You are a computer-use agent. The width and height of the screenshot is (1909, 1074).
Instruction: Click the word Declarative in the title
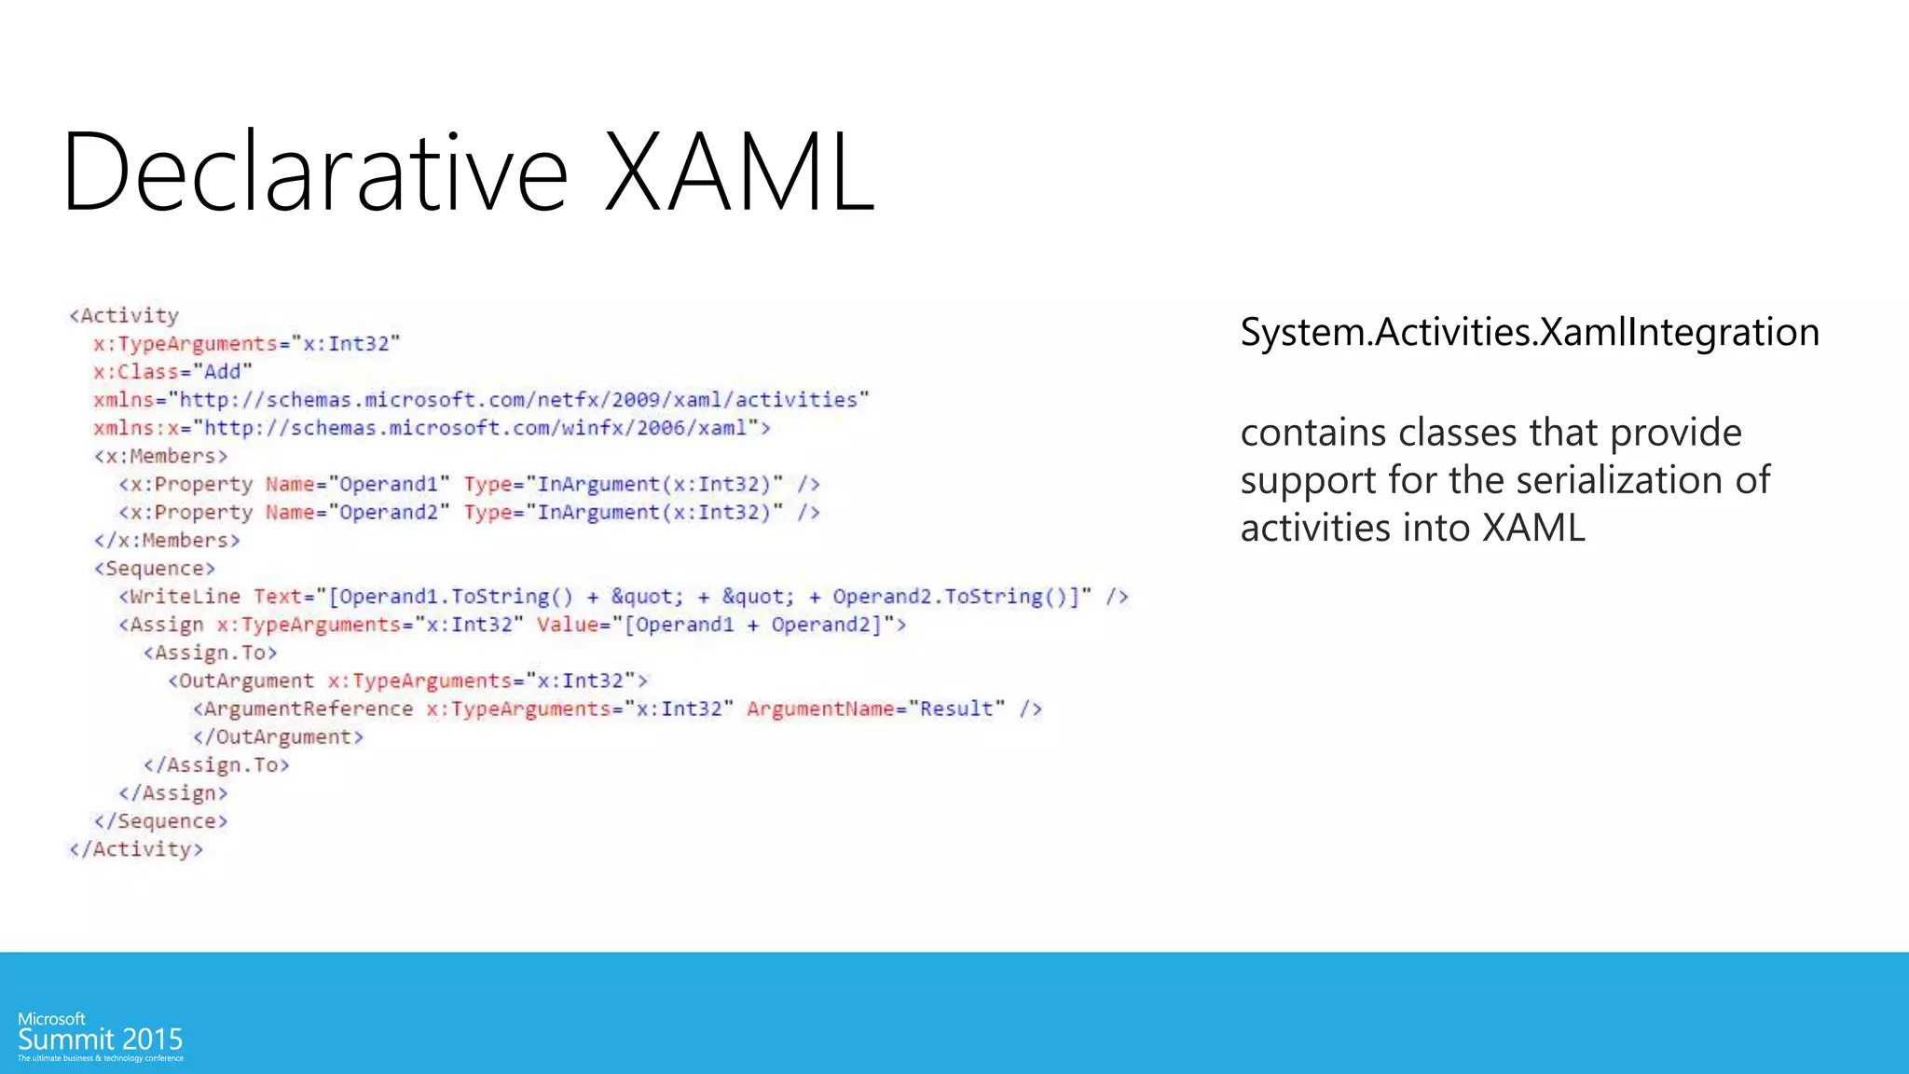click(315, 173)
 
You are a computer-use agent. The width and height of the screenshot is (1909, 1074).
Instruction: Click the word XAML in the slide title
click(739, 173)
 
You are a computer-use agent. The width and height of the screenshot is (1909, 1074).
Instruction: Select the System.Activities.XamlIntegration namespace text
click(1529, 333)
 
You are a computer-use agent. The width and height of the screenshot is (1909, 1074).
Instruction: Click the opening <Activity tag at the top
click(124, 316)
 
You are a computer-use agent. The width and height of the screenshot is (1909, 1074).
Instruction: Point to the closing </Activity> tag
click(136, 849)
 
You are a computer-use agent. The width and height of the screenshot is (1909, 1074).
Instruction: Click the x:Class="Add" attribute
click(172, 372)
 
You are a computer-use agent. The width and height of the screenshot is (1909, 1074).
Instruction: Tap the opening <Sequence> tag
click(155, 569)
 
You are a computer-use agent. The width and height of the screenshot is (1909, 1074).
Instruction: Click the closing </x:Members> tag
click(167, 541)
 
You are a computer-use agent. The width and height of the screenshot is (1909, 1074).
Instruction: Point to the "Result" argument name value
click(956, 709)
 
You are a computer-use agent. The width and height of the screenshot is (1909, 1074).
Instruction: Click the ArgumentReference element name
click(308, 709)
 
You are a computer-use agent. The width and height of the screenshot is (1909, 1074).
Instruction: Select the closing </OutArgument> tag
click(278, 737)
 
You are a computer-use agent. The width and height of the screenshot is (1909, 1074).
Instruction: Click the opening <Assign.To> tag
click(210, 654)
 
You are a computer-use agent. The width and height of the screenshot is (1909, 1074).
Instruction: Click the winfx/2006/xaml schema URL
click(475, 428)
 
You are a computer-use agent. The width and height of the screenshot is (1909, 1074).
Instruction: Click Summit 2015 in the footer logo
click(100, 1040)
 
